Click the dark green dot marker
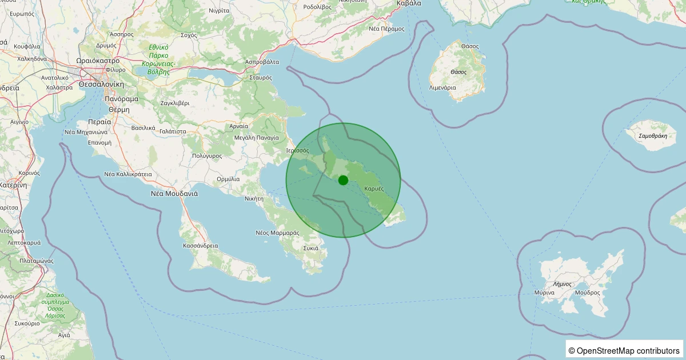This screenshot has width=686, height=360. [x=343, y=180]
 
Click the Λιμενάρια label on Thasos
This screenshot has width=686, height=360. [x=442, y=88]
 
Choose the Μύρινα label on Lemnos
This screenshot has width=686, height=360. [x=544, y=293]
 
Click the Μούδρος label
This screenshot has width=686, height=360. [x=587, y=293]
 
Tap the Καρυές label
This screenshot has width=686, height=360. [x=373, y=189]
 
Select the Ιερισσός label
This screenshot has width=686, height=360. [x=298, y=150]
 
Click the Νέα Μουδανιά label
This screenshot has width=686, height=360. [x=174, y=193]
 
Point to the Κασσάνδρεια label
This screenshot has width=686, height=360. [x=200, y=246]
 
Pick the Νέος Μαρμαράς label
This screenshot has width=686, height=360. [x=277, y=233]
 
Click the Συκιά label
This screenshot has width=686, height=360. [x=311, y=248]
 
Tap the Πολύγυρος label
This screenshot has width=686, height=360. [x=207, y=155]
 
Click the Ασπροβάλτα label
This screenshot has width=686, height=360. [x=262, y=61]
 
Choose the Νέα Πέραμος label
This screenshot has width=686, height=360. [x=387, y=28]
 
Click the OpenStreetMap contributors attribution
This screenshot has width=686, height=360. [x=624, y=350]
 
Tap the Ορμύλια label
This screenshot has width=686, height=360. [x=228, y=179]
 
